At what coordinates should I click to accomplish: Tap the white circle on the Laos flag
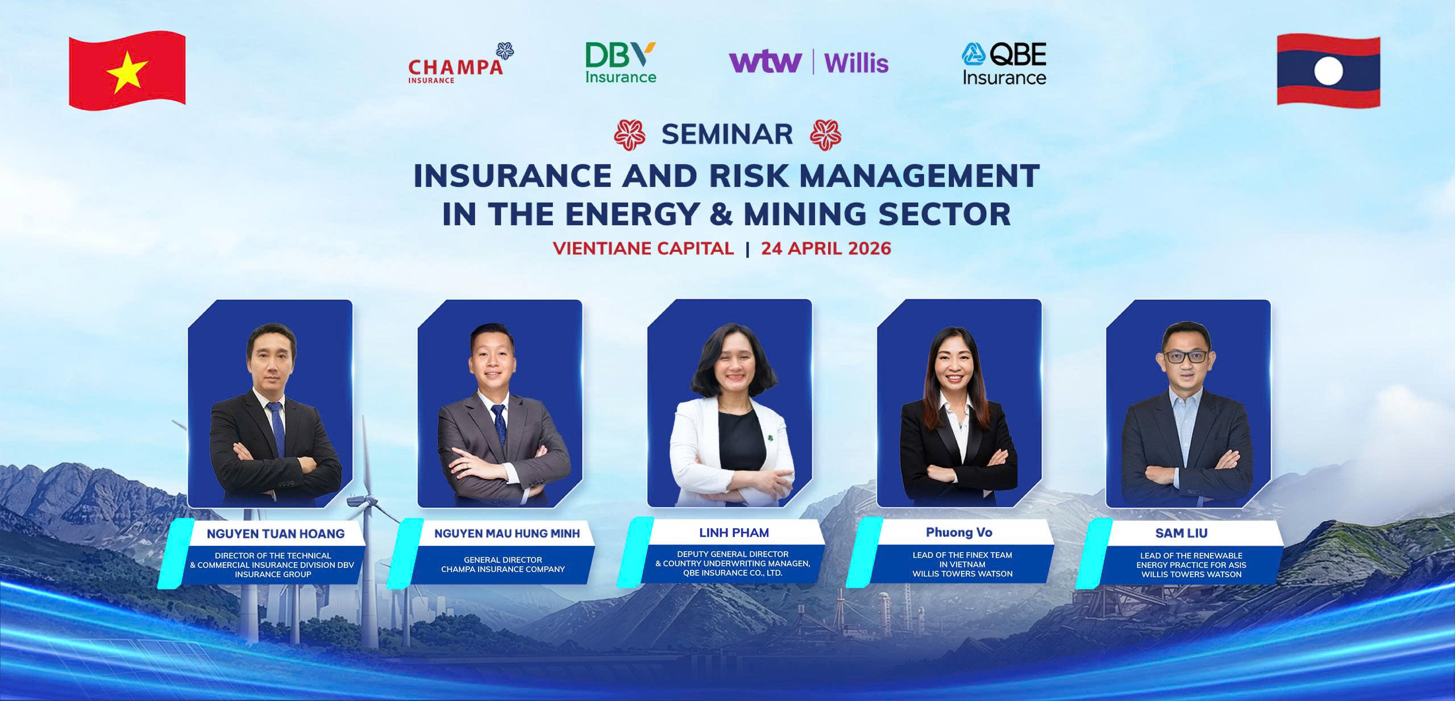pyautogui.click(x=1328, y=72)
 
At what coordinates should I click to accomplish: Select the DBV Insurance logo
pyautogui.click(x=621, y=63)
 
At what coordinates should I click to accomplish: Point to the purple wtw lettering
pyautogui.click(x=766, y=62)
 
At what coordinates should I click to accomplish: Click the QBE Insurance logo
pyautogui.click(x=1004, y=63)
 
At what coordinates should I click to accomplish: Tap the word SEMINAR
pyautogui.click(x=727, y=135)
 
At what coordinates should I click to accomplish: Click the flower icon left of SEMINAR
pyautogui.click(x=630, y=135)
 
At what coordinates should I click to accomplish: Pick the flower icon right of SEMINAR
pyautogui.click(x=825, y=135)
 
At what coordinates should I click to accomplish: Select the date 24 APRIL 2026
pyautogui.click(x=826, y=248)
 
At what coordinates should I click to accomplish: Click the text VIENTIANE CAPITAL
pyautogui.click(x=643, y=248)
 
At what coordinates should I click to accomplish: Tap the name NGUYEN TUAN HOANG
pyautogui.click(x=276, y=534)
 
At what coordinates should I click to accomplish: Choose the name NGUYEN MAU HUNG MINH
pyautogui.click(x=507, y=533)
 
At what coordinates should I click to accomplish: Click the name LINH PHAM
pyautogui.click(x=734, y=533)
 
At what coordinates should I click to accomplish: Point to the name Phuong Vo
pyautogui.click(x=959, y=533)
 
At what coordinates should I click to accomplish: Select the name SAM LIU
pyautogui.click(x=1181, y=533)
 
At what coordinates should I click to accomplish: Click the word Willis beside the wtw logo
pyautogui.click(x=856, y=63)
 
